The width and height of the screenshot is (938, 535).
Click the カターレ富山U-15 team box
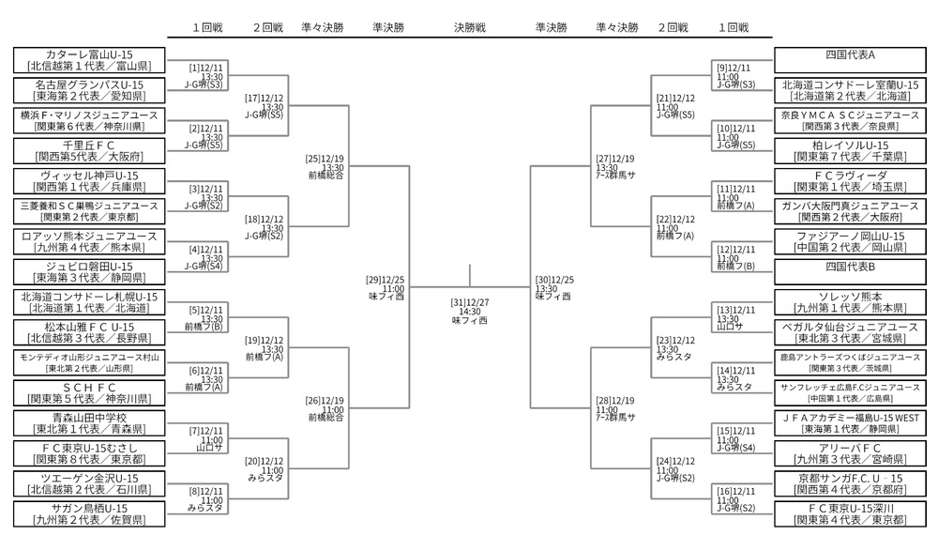coord(90,60)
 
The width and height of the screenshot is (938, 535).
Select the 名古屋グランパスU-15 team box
coord(90,90)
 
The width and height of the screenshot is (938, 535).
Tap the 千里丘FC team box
coord(90,150)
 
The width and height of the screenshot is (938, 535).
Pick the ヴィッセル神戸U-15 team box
coord(90,181)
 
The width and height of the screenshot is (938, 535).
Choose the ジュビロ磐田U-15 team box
coord(90,271)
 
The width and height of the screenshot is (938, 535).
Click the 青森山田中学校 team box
coord(90,422)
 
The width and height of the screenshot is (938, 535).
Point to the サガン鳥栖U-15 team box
coord(90,513)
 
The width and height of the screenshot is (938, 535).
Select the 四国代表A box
coord(850,55)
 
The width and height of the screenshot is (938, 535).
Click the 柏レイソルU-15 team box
coord(850,150)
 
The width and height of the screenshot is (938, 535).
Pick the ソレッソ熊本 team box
coord(850,301)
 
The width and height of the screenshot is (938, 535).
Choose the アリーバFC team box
coord(850,452)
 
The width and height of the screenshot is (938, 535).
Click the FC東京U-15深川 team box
coord(850,513)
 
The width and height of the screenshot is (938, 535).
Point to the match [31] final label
coord(469,310)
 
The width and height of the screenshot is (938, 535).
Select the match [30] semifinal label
coord(554,286)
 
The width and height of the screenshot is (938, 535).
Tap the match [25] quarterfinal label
coord(325,165)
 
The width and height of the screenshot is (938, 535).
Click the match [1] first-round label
coord(206,75)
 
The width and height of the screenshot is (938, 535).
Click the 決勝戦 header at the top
coord(469,28)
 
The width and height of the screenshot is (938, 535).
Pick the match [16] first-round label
coord(735,498)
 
